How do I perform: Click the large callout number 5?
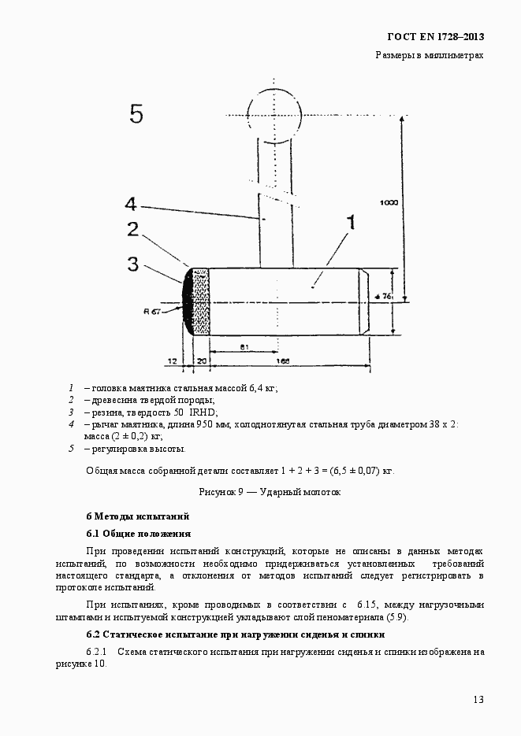coord(136,115)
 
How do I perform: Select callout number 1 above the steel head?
coord(351,223)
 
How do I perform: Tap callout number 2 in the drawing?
coord(133,230)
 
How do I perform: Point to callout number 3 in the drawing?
coord(133,262)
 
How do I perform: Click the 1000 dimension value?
coord(389,202)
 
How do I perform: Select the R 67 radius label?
coord(152,311)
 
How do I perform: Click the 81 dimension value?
coord(244,346)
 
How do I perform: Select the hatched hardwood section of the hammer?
coord(200,301)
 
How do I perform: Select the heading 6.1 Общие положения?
coord(138,534)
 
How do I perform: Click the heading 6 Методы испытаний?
coord(138,516)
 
